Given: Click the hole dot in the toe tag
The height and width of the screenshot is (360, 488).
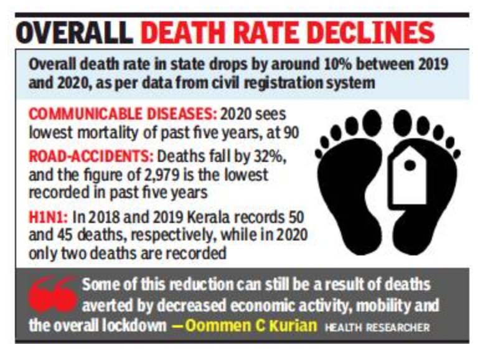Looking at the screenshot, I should pos(410,165).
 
